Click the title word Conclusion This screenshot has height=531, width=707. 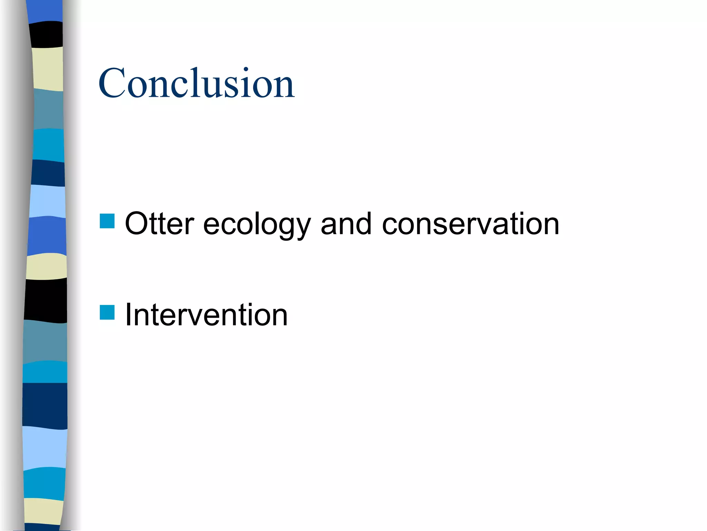(x=196, y=83)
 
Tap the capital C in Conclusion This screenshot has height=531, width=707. (x=112, y=83)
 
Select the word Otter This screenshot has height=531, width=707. (x=159, y=224)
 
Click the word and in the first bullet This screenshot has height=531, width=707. (x=346, y=224)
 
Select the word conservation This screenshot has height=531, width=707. (x=470, y=224)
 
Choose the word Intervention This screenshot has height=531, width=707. (x=206, y=315)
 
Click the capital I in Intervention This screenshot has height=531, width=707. (x=128, y=315)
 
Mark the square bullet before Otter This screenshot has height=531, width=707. (x=107, y=221)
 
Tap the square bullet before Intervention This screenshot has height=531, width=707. (x=107, y=312)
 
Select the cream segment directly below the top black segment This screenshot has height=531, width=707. (x=48, y=68)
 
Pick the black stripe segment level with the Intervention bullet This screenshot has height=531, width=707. (x=46, y=300)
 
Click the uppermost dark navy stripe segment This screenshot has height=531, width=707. (x=48, y=173)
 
